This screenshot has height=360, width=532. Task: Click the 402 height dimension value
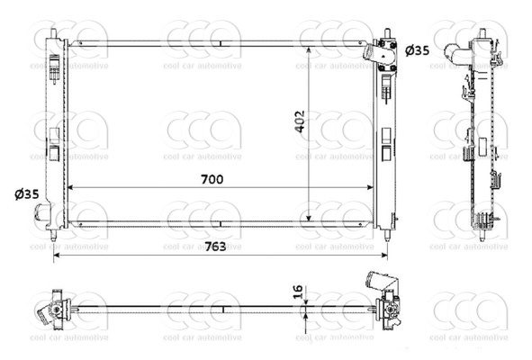coord(300,121)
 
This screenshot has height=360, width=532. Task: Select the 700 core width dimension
coord(212,179)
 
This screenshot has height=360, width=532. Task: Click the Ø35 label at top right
coord(417,50)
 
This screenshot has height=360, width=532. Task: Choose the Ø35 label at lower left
coord(26,193)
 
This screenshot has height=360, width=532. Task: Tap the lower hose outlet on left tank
coord(41,213)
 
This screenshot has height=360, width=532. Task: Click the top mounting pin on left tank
coord(53,33)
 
